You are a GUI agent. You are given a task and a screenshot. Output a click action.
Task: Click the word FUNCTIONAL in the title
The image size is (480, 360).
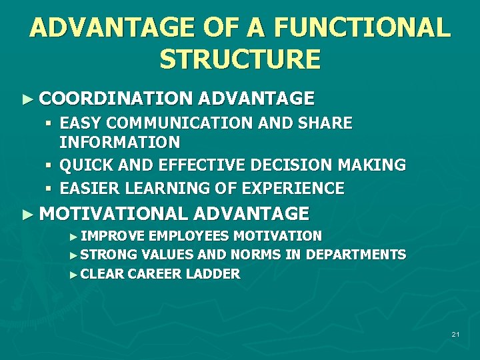(x=361, y=28)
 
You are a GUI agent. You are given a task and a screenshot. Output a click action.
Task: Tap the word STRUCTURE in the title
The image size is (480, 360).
(x=240, y=59)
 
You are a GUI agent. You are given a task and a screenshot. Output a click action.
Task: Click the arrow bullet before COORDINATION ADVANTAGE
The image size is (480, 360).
(x=27, y=99)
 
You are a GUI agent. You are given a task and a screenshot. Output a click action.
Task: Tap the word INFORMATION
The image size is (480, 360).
(x=119, y=142)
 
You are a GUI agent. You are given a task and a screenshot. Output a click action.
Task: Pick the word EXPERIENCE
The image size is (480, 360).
(x=289, y=188)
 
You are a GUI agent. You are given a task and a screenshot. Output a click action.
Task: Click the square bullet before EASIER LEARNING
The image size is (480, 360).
(x=49, y=189)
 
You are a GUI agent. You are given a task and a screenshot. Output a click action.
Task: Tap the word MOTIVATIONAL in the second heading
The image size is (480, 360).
(x=113, y=213)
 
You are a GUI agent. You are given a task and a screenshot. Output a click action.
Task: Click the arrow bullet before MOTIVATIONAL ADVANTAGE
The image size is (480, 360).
(x=27, y=214)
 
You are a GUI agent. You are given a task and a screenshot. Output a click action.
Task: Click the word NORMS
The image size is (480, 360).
(x=258, y=255)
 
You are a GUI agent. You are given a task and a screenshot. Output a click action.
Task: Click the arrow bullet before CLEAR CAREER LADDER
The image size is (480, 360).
(x=73, y=274)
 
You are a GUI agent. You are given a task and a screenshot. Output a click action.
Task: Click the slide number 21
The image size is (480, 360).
(x=455, y=334)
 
